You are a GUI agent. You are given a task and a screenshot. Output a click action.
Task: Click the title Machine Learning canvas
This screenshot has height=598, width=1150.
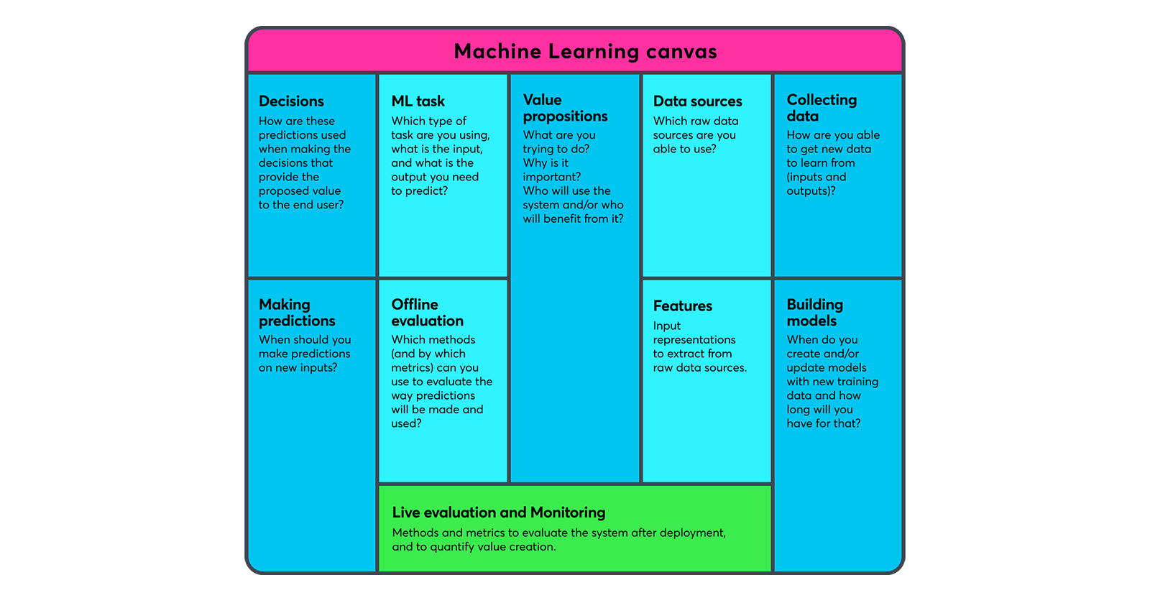[585, 52]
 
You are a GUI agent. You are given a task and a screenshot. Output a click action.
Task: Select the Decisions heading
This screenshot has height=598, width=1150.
[291, 101]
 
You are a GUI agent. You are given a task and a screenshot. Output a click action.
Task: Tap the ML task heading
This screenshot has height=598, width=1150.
[418, 101]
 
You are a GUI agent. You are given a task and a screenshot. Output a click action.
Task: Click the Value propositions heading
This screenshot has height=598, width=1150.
[565, 108]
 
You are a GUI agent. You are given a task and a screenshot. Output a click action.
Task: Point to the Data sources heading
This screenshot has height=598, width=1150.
[697, 101]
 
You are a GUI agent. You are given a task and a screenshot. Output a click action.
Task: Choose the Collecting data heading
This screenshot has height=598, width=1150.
[822, 108]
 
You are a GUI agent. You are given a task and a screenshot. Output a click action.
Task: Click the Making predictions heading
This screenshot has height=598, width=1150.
[297, 313]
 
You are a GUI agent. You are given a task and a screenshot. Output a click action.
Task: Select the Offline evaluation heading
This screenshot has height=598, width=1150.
[427, 313]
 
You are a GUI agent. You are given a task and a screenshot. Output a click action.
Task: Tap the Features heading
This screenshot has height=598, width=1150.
[682, 306]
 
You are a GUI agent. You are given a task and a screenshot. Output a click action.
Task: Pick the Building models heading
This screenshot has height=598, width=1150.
[814, 313]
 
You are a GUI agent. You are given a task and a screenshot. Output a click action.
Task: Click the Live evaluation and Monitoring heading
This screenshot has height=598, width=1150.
[498, 512]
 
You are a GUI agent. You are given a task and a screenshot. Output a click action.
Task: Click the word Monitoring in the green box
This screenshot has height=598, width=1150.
[567, 512]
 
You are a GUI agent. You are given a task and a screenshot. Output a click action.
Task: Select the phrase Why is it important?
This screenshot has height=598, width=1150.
[551, 170]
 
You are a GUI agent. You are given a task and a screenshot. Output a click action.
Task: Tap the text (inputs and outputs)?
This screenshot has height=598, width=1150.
[816, 184]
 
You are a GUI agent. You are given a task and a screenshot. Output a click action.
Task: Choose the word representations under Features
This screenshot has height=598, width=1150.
[694, 340]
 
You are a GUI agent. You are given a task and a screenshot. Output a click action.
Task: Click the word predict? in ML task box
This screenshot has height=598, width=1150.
[430, 191]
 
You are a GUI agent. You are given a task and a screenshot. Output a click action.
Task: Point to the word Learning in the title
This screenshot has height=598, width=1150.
[593, 52]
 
